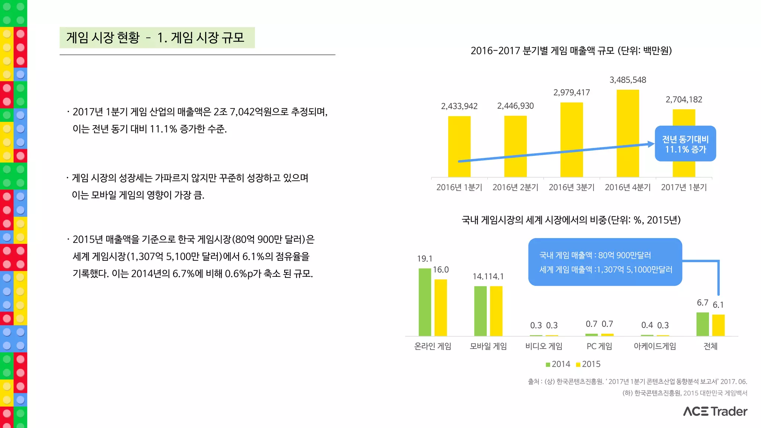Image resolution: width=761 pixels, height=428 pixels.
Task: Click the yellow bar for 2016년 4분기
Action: click(x=628, y=133)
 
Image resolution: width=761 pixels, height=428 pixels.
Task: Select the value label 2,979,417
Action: click(x=571, y=93)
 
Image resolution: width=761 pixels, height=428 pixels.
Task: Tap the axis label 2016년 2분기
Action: click(x=515, y=187)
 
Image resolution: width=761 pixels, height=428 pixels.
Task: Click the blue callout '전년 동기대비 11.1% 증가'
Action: click(x=685, y=144)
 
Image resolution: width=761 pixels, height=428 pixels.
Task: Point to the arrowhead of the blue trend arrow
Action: click(x=651, y=144)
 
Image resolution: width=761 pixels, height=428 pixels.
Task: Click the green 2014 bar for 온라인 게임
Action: click(x=425, y=302)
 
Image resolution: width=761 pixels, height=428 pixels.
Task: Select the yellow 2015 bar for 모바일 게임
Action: click(x=496, y=311)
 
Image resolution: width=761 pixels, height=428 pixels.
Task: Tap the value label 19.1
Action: click(x=424, y=259)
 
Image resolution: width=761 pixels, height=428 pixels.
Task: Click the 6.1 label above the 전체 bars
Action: click(x=718, y=305)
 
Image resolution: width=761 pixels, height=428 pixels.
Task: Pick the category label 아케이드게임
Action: click(x=655, y=346)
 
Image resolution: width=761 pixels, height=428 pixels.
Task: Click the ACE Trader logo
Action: click(x=715, y=411)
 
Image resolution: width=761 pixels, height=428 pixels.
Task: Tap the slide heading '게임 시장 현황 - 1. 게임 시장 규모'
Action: click(x=155, y=38)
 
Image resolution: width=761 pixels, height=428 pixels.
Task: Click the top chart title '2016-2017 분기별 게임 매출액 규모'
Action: click(x=571, y=51)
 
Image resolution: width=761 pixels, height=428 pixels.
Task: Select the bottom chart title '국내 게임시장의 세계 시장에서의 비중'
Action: click(x=571, y=220)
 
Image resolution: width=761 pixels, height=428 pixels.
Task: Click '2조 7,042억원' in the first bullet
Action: click(x=245, y=112)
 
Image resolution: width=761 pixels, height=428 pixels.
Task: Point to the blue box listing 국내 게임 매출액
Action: click(x=605, y=262)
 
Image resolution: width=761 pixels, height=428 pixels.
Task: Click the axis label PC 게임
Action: click(x=599, y=346)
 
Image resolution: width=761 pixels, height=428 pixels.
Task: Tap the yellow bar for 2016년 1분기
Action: click(x=459, y=146)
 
